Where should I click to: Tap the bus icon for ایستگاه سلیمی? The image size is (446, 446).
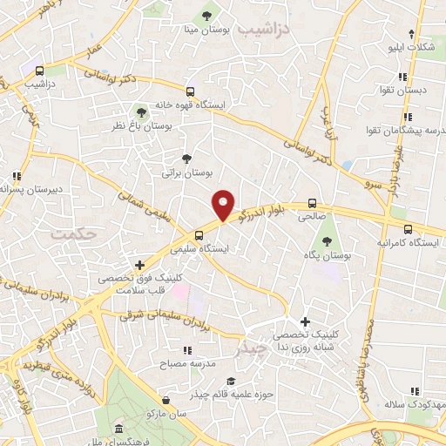pos(200,234)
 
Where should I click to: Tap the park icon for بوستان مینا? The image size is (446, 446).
pos(207,15)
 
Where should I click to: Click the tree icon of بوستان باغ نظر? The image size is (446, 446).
pos(141,111)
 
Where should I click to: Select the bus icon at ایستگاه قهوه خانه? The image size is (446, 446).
pos(191,91)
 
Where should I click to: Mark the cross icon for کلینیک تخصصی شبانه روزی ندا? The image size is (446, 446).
pos(304,321)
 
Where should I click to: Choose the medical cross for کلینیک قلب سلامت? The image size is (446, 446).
pos(139,264)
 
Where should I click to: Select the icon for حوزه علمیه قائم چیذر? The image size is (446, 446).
pos(230,381)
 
